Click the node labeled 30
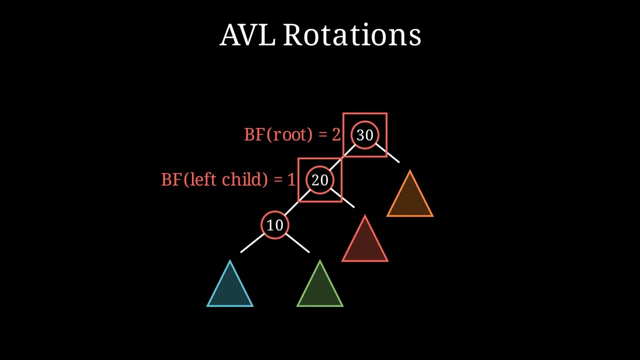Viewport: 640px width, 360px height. click(365, 135)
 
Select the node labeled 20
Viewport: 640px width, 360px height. click(320, 180)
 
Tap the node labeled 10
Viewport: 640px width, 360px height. click(275, 225)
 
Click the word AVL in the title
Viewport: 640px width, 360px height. click(247, 35)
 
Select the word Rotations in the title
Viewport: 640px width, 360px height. click(352, 35)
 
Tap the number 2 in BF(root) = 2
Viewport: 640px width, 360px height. click(336, 134)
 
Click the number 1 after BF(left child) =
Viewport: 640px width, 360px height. click(291, 179)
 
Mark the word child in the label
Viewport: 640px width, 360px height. click(244, 179)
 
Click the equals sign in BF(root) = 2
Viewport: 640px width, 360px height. click(322, 135)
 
